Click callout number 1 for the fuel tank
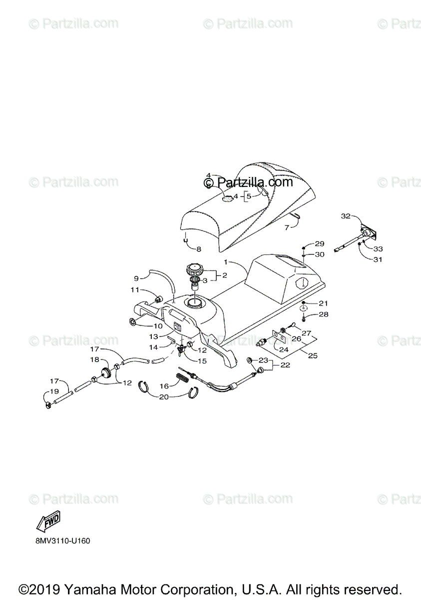pos(226,261)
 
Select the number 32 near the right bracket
pos(346,216)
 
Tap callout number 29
pos(320,244)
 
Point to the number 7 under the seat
pos(287,227)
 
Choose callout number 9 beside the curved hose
pos(136,278)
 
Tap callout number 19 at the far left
pos(54,391)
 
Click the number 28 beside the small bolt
pos(324,314)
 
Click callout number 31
pos(378,259)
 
